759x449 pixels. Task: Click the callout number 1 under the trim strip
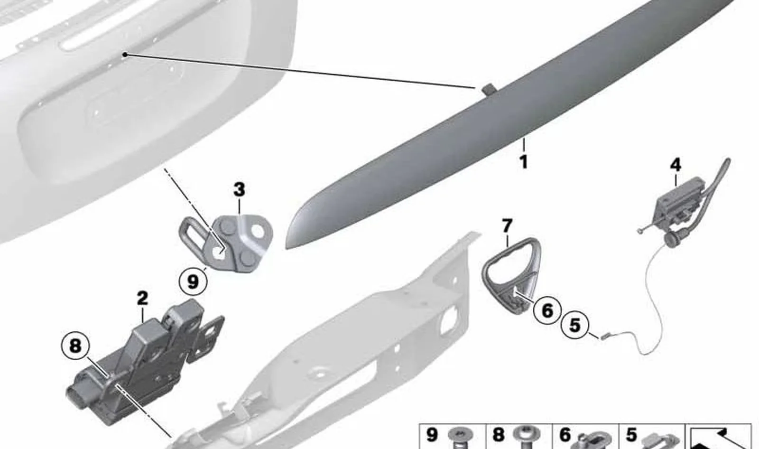click(x=524, y=162)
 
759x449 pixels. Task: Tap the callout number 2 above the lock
click(x=143, y=299)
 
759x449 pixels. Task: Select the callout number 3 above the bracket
click(x=239, y=189)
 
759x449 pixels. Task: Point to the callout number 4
click(x=676, y=165)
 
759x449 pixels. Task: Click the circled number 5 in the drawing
click(x=575, y=325)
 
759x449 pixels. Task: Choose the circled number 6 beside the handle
click(x=547, y=309)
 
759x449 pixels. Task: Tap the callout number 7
click(x=507, y=226)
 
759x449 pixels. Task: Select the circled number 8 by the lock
click(x=75, y=346)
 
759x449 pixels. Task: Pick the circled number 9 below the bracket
click(x=193, y=281)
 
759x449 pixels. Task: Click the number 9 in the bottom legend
click(x=431, y=435)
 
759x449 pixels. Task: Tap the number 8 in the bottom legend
click(x=499, y=435)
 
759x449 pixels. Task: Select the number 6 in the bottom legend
click(x=565, y=435)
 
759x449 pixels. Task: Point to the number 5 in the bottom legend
click(x=631, y=435)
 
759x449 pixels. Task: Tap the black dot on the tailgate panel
click(x=125, y=54)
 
